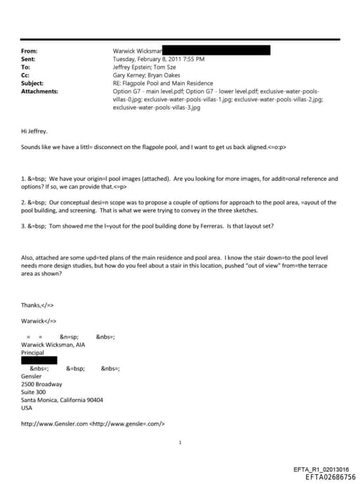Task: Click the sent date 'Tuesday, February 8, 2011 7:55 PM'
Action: (x=159, y=60)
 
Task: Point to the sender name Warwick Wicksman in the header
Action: (x=138, y=51)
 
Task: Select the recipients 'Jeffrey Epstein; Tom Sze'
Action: (x=143, y=68)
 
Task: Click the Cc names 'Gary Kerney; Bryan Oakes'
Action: (x=147, y=76)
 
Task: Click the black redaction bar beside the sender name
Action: (x=217, y=50)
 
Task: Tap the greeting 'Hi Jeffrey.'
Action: (x=35, y=131)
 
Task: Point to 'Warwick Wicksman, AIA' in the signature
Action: (x=56, y=345)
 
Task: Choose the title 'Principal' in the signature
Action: (x=33, y=352)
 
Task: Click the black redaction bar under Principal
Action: (x=39, y=360)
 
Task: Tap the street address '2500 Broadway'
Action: (x=42, y=384)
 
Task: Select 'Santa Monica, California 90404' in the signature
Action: (x=63, y=400)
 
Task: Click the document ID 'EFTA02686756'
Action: (x=330, y=476)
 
